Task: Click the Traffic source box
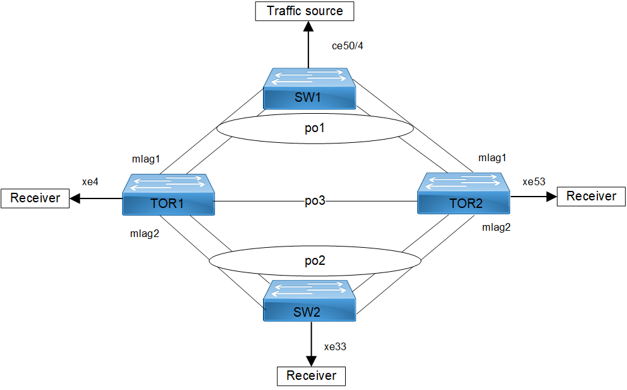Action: click(x=305, y=11)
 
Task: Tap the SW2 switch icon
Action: click(x=310, y=300)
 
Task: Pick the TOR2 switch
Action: click(x=463, y=195)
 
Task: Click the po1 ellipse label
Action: click(x=315, y=128)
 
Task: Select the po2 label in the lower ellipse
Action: click(x=315, y=260)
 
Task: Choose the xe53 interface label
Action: click(x=533, y=181)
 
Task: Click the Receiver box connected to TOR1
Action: click(x=35, y=198)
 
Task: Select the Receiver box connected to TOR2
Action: click(x=591, y=197)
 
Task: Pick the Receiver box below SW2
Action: click(x=312, y=376)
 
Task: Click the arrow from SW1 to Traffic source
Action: click(x=308, y=44)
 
